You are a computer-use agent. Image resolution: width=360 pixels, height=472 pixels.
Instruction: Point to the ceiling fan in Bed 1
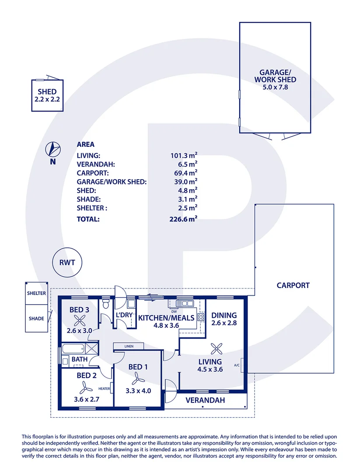[137, 377]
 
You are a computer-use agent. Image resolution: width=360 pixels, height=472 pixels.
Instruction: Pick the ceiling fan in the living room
[216, 348]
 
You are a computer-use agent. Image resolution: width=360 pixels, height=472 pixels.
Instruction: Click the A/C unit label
[237, 365]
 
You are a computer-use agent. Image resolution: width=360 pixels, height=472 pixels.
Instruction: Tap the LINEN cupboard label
[128, 347]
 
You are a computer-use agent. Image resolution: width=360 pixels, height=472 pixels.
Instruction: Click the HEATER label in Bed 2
[104, 389]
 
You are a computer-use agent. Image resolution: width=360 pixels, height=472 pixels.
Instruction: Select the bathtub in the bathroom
[73, 349]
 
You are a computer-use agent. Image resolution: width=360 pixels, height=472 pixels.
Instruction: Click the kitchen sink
[185, 303]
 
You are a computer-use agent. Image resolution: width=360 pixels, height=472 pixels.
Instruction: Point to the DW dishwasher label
[174, 311]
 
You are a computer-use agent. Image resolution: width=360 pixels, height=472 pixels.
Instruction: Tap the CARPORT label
[293, 285]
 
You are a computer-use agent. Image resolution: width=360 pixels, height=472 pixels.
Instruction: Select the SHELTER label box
[36, 293]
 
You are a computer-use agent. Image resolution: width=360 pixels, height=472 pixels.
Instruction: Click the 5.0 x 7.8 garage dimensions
[275, 87]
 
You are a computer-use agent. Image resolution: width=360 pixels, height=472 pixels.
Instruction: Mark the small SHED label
[47, 92]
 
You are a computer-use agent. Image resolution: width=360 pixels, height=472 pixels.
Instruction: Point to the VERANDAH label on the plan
[205, 400]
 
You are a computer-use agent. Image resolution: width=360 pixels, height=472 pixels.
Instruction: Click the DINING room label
[224, 315]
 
